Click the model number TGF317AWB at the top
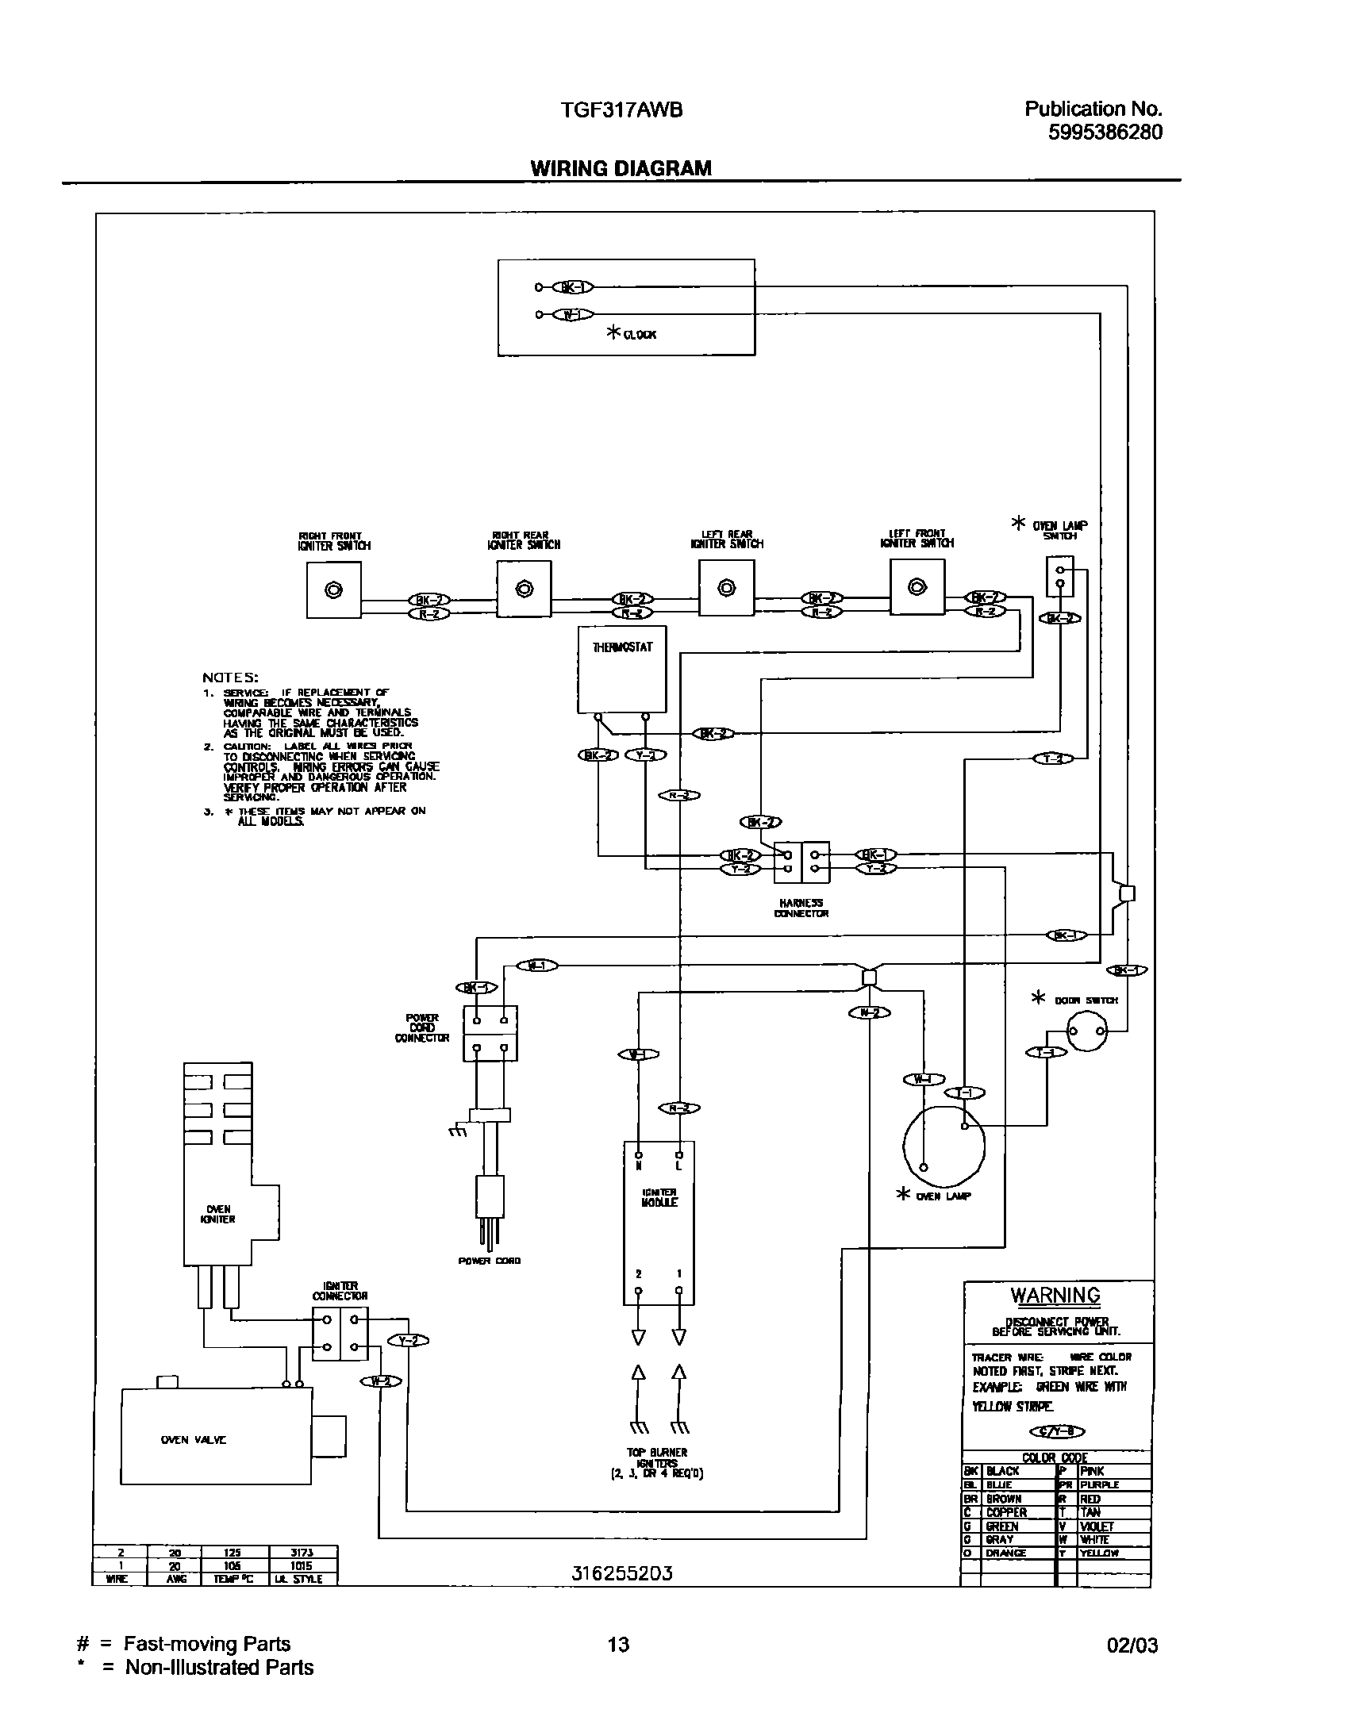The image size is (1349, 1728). pyautogui.click(x=621, y=110)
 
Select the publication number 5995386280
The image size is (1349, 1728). pyautogui.click(x=1105, y=132)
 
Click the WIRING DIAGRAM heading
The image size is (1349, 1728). pyautogui.click(x=621, y=168)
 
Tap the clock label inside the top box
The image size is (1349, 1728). pyautogui.click(x=639, y=335)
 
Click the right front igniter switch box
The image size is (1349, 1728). pyautogui.click(x=334, y=589)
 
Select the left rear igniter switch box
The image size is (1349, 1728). pyautogui.click(x=726, y=588)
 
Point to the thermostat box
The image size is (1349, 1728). pyautogui.click(x=622, y=669)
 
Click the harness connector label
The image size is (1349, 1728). pyautogui.click(x=801, y=908)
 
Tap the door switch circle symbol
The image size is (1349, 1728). pyautogui.click(x=1086, y=1031)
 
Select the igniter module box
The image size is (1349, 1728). pyautogui.click(x=659, y=1223)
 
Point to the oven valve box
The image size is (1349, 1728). pyautogui.click(x=215, y=1436)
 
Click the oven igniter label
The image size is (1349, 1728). pyautogui.click(x=218, y=1215)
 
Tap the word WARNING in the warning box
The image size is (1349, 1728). pyautogui.click(x=1055, y=1296)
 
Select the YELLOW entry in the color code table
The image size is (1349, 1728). pyautogui.click(x=1098, y=1553)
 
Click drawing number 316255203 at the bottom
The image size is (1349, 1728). pyautogui.click(x=622, y=1572)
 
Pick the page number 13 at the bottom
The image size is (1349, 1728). pyautogui.click(x=618, y=1644)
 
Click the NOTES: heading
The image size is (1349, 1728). pyautogui.click(x=230, y=678)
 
